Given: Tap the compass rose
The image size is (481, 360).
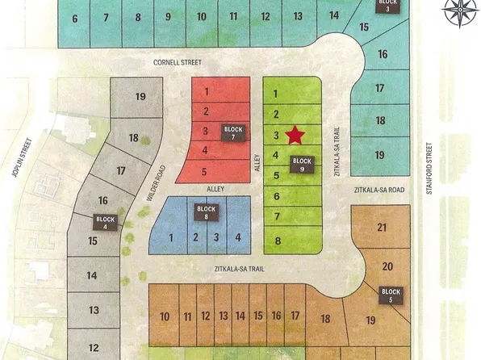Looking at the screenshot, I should click(458, 15).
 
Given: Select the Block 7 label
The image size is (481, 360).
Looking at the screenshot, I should click(233, 132).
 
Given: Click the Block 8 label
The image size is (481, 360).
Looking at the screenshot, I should click(207, 212).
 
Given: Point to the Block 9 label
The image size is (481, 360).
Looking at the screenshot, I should click(302, 164).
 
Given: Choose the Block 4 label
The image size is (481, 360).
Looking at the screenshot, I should click(107, 222).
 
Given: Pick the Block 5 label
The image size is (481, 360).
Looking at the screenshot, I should click(391, 295).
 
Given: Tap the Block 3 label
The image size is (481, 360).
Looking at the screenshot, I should click(387, 6).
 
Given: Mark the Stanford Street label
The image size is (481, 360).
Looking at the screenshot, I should click(432, 161).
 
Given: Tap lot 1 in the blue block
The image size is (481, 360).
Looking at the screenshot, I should click(172, 237).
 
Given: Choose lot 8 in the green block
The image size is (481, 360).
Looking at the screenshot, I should click(277, 241).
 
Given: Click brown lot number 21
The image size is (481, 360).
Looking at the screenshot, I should click(382, 229).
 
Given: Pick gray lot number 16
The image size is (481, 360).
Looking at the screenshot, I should click(102, 200).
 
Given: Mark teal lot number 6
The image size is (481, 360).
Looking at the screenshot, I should click(75, 18).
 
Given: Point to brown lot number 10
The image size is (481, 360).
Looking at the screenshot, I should click(165, 316).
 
